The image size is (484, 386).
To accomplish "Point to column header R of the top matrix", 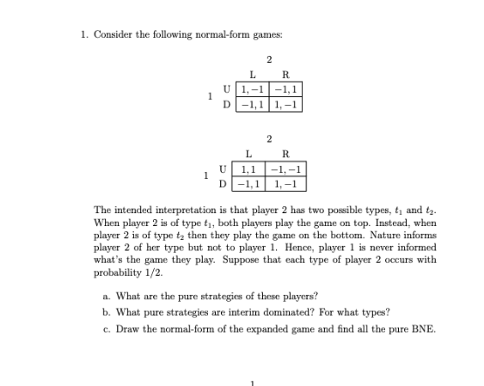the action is pyautogui.click(x=285, y=76).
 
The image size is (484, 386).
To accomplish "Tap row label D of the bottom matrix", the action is pyautogui.click(x=226, y=184).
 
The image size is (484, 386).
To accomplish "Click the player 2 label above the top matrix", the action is pyautogui.click(x=269, y=58).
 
